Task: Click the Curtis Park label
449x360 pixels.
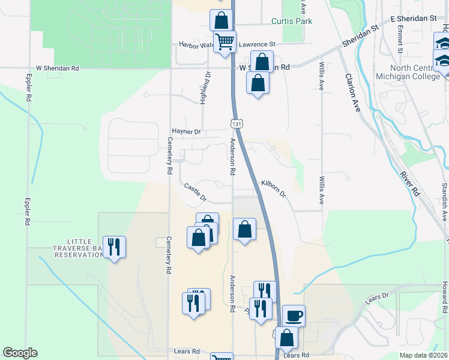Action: coord(292,21)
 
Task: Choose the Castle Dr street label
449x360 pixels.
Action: coord(195,193)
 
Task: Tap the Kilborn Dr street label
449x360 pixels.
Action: coord(274,187)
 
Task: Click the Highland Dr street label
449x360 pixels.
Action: coord(205,88)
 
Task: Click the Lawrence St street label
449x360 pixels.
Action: coord(257,44)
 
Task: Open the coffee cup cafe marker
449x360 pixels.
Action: coord(294,315)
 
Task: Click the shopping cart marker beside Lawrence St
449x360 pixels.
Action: coord(225,42)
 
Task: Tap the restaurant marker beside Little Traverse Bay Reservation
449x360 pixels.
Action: coord(113,246)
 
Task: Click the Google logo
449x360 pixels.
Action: coord(20,353)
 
